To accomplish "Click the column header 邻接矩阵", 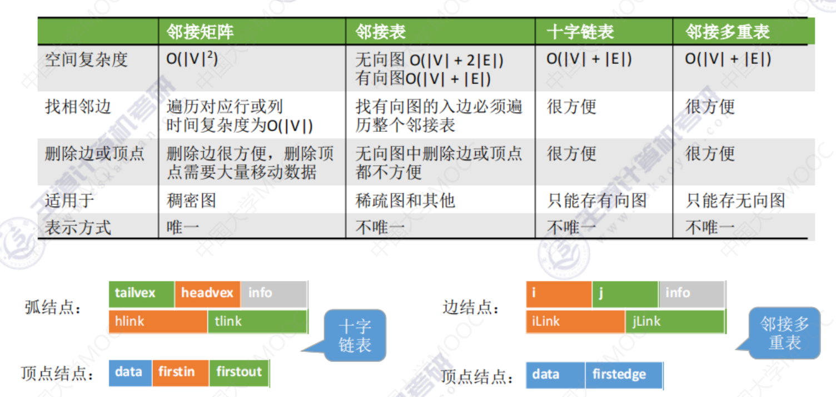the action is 200,31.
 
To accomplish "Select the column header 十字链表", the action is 580,31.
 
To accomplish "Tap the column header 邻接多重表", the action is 728,31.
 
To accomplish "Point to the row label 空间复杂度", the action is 86,59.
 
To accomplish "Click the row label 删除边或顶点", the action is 94,153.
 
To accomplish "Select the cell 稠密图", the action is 191,201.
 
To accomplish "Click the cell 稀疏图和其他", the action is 405,201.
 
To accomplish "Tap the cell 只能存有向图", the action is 597,201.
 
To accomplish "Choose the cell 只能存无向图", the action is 735,201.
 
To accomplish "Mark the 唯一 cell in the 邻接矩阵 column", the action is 183,227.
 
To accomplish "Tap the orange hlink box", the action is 158,321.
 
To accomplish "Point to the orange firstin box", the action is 180,373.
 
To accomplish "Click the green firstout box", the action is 239,373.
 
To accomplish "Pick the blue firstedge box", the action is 624,375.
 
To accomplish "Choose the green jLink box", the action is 675,321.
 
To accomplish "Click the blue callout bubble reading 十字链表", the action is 355,335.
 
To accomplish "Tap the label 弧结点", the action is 53,307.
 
